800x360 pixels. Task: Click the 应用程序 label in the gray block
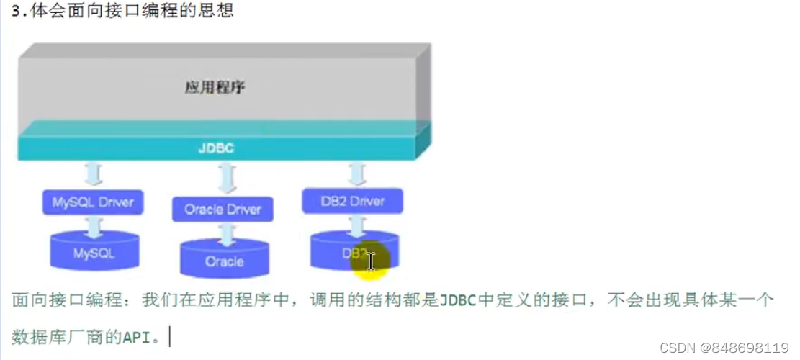click(x=215, y=89)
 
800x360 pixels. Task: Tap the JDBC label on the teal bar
click(x=216, y=148)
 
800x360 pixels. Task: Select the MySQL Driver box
click(x=93, y=202)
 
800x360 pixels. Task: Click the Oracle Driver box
click(x=223, y=210)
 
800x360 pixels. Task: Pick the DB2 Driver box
click(x=352, y=201)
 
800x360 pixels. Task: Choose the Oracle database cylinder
click(x=223, y=258)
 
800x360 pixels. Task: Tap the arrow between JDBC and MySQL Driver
click(x=94, y=174)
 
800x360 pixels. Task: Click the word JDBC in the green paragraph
click(x=457, y=300)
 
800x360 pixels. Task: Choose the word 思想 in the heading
click(x=218, y=12)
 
